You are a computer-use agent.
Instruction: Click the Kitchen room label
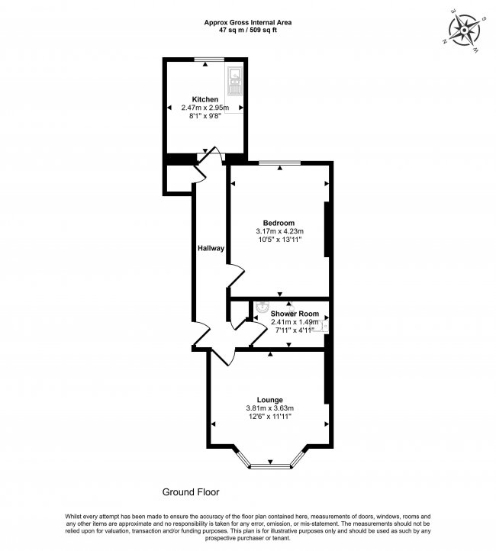coord(205,100)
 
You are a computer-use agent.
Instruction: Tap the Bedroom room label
coord(280,223)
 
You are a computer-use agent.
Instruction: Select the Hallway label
coord(211,248)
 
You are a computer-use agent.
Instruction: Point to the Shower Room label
coord(294,314)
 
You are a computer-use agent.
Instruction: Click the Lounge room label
coord(269,400)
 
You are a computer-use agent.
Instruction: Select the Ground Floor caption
coord(191,492)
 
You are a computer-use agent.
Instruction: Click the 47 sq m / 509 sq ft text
coord(248,31)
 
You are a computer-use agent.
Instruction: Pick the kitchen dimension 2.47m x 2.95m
coord(205,109)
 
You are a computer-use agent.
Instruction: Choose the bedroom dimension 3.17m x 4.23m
coord(280,231)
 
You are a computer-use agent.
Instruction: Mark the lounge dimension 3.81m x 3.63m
coord(269,408)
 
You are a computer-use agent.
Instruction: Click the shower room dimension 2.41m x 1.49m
coord(293,322)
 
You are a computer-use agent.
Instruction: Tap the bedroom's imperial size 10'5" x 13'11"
coord(280,240)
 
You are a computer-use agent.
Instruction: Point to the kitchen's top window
coord(208,60)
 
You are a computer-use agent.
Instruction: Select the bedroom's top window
coord(279,163)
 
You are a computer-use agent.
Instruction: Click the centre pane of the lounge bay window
coord(269,465)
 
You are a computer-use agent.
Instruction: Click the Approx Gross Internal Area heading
coord(248,23)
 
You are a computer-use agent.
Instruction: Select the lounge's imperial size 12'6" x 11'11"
coord(269,417)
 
